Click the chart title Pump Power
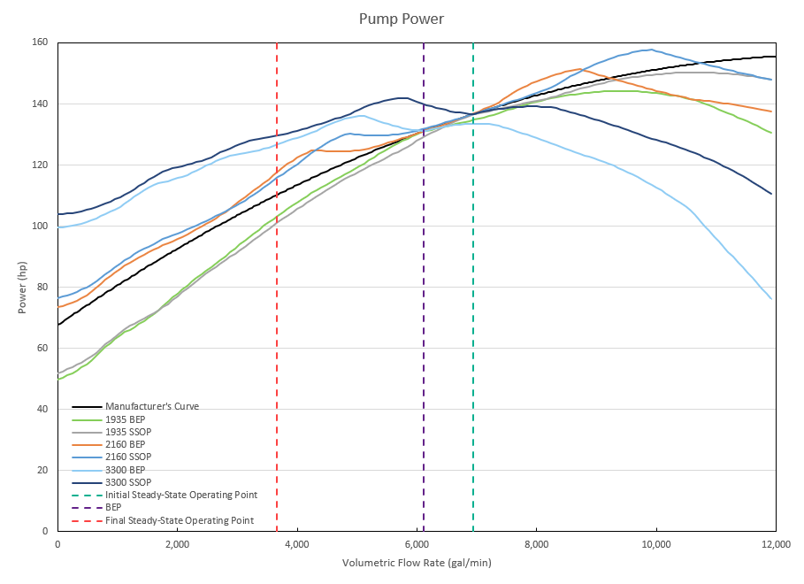pyautogui.click(x=402, y=18)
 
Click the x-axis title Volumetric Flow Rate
pyautogui.click(x=417, y=563)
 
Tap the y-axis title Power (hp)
pyautogui.click(x=21, y=287)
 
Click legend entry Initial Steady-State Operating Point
pyautogui.click(x=180, y=495)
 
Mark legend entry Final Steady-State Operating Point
pyautogui.click(x=179, y=520)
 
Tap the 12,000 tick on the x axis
pyautogui.click(x=775, y=544)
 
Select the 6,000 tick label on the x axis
pyautogui.click(x=417, y=544)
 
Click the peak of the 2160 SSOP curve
pyautogui.click(x=651, y=50)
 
